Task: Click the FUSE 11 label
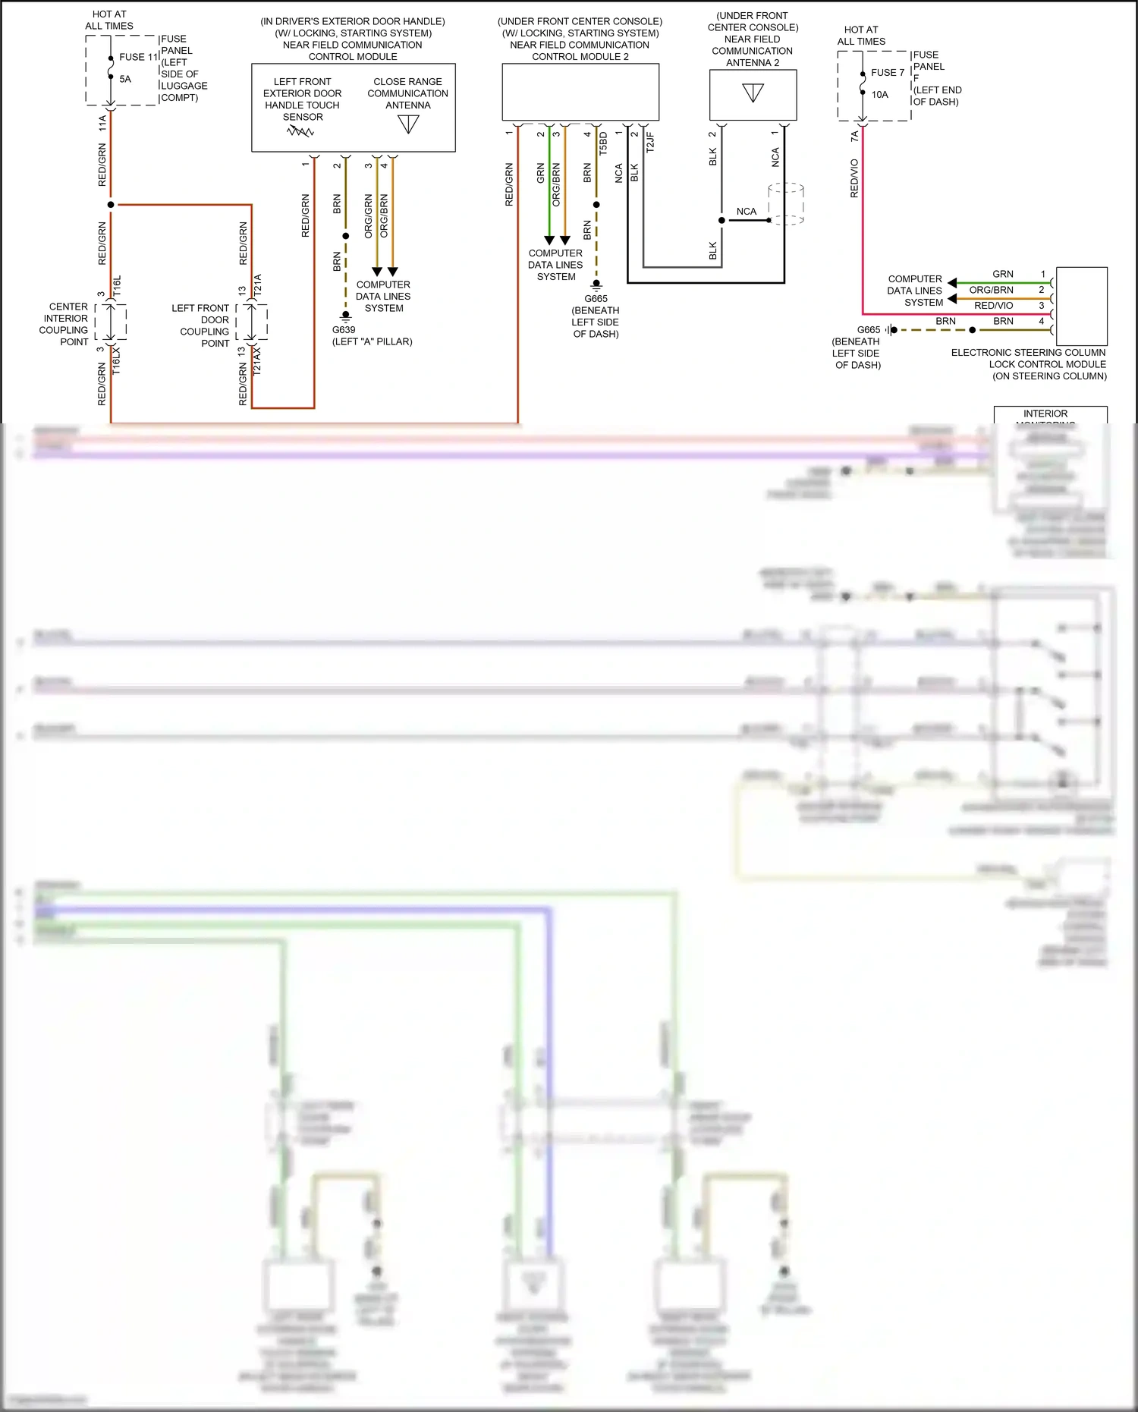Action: (138, 57)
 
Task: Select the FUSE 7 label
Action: (887, 73)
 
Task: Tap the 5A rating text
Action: (125, 79)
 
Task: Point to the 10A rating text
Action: (879, 95)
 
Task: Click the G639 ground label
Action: (344, 330)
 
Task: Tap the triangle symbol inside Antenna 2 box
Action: (753, 93)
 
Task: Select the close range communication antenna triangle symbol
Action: (408, 124)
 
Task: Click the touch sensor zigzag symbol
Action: (300, 131)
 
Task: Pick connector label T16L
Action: (117, 286)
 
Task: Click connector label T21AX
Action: (257, 361)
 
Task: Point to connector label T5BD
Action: (603, 143)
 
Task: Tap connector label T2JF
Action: (650, 143)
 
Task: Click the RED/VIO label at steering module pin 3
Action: (993, 306)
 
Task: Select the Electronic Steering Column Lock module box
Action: (1081, 306)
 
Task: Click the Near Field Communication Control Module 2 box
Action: (580, 92)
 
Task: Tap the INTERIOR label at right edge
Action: (1045, 414)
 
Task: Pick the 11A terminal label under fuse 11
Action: (102, 124)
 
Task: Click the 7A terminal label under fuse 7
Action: (854, 137)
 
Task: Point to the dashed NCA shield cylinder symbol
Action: (786, 203)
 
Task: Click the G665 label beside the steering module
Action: (868, 330)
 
